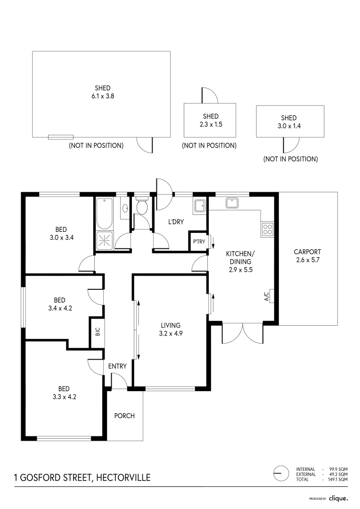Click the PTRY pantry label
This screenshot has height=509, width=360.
198,242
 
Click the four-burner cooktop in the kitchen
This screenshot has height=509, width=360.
267,230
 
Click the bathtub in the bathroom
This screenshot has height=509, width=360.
104,213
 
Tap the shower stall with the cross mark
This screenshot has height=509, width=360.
104,240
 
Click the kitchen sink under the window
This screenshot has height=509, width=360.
233,203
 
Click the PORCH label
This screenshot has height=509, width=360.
124,416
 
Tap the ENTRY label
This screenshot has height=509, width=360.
117,366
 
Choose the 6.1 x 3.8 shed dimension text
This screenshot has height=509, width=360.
103,96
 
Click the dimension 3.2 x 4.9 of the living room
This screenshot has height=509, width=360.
171,333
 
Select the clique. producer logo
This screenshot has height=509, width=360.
338,498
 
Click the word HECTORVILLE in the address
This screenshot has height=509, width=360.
123,477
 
